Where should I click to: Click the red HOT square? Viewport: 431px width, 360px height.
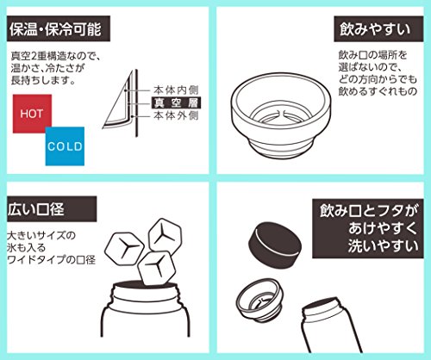32,114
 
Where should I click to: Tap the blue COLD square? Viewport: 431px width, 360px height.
65,146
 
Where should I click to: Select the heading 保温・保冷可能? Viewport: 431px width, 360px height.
59,28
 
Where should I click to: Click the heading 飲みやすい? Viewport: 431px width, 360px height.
378,29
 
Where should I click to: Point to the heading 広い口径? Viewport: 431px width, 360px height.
52,209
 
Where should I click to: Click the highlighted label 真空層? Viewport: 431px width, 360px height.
176,102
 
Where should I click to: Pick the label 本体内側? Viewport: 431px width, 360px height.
176,90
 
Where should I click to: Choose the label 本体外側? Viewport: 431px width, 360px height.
176,115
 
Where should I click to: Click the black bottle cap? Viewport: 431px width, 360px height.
275,245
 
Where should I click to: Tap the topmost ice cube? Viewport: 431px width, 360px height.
166,235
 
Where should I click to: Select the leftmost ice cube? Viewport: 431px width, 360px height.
124,248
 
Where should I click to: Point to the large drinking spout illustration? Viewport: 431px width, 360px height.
281,115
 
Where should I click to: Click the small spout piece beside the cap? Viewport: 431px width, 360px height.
259,301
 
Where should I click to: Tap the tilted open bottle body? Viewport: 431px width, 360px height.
330,326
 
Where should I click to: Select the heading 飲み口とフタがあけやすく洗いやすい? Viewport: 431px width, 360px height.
368,228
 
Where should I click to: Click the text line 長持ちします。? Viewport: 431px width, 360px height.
43,80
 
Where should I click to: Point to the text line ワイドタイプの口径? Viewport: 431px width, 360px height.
52,260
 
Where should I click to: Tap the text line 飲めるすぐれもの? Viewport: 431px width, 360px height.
378,91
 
